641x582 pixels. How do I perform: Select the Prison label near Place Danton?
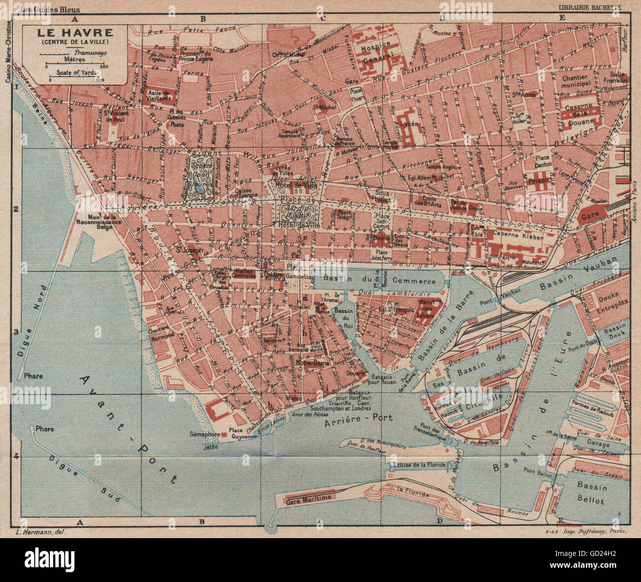tap(537, 181)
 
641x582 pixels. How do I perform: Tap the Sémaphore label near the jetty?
tap(204, 435)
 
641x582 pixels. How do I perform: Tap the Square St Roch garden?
tap(201, 175)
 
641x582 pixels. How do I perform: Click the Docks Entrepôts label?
tap(605, 301)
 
